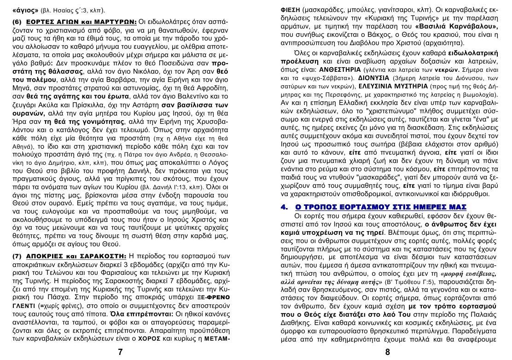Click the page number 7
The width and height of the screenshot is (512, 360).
[120, 352]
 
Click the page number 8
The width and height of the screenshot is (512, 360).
[387, 352]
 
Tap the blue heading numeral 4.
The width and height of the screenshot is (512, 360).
[284, 207]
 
